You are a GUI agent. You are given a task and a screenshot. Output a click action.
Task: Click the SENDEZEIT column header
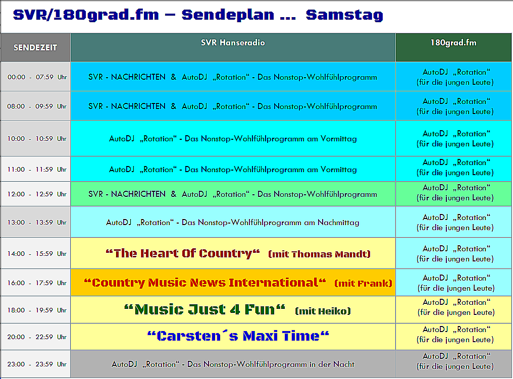[x=35, y=47]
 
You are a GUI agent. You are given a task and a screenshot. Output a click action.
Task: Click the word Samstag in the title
[x=344, y=15]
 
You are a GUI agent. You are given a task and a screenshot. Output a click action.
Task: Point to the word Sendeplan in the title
[x=228, y=15]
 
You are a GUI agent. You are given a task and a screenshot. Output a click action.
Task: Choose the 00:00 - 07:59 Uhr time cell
[x=37, y=77]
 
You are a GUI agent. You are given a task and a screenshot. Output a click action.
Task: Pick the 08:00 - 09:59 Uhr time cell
[x=37, y=106]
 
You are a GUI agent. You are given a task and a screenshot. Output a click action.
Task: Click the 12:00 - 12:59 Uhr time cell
[x=37, y=194]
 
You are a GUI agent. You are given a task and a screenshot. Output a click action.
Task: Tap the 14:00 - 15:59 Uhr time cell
[x=37, y=253]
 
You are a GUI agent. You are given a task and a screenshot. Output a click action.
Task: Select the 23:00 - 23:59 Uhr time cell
[x=37, y=364]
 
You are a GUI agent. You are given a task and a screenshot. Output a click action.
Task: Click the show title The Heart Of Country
[x=183, y=253]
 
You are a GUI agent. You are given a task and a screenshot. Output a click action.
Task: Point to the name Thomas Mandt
[x=330, y=254]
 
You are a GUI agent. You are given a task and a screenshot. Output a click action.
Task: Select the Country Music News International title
[x=205, y=283]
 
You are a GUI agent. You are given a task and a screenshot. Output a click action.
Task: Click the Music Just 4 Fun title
[x=204, y=310]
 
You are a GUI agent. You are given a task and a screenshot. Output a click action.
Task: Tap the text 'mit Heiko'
[x=323, y=311]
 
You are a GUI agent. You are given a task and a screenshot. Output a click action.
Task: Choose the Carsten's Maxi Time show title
[x=238, y=336]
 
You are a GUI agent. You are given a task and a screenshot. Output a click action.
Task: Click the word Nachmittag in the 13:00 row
[x=338, y=223]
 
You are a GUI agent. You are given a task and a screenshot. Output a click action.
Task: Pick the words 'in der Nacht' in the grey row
[x=332, y=364]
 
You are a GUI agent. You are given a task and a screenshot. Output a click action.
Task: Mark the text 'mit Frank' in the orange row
[x=363, y=283]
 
